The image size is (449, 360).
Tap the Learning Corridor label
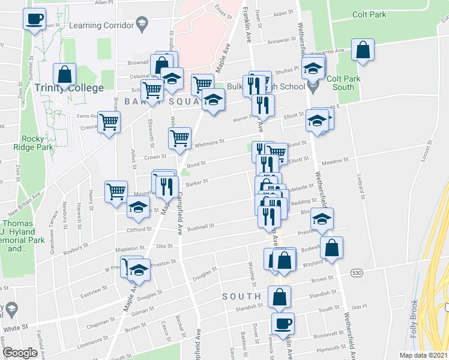click(101, 26)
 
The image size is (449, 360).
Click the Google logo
click(20, 353)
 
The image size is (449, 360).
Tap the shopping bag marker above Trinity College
click(65, 74)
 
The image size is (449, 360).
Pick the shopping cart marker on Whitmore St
click(179, 137)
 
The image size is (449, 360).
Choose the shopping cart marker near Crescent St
click(109, 122)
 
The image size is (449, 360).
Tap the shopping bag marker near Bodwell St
click(331, 246)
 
